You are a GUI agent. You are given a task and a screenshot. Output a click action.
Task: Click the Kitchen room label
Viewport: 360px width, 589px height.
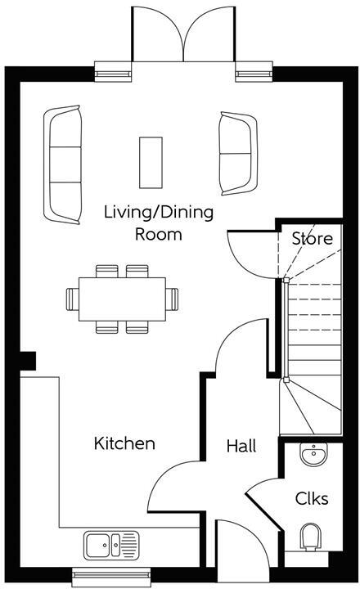(x=124, y=443)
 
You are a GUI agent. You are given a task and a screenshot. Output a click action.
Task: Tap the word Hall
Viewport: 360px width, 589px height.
(x=241, y=446)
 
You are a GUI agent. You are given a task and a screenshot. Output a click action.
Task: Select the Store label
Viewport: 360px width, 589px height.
(x=313, y=239)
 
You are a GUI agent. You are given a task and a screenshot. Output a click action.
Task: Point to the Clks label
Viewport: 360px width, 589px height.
(x=312, y=498)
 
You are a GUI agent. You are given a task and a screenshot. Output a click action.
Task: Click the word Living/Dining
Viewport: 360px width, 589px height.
(x=159, y=212)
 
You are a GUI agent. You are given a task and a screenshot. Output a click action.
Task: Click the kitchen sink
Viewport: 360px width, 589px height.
(x=111, y=545)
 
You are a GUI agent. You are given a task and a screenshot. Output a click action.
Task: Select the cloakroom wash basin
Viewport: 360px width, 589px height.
(x=314, y=454)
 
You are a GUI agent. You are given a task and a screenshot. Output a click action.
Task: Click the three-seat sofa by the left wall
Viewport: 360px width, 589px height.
(x=63, y=164)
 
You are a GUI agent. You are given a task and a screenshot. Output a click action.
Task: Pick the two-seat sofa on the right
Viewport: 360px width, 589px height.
(x=239, y=154)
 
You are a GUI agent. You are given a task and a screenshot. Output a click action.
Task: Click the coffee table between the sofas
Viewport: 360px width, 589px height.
(x=151, y=162)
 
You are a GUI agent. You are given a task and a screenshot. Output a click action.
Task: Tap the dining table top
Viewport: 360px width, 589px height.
(x=122, y=299)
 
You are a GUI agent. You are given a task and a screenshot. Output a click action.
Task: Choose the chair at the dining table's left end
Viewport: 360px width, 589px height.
(x=73, y=299)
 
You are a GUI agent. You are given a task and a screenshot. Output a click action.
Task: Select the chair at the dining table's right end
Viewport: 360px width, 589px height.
(x=172, y=299)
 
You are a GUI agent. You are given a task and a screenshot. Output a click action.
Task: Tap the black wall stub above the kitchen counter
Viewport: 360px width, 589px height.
(x=28, y=361)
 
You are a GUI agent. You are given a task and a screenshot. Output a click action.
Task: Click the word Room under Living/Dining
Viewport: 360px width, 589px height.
(x=159, y=235)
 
